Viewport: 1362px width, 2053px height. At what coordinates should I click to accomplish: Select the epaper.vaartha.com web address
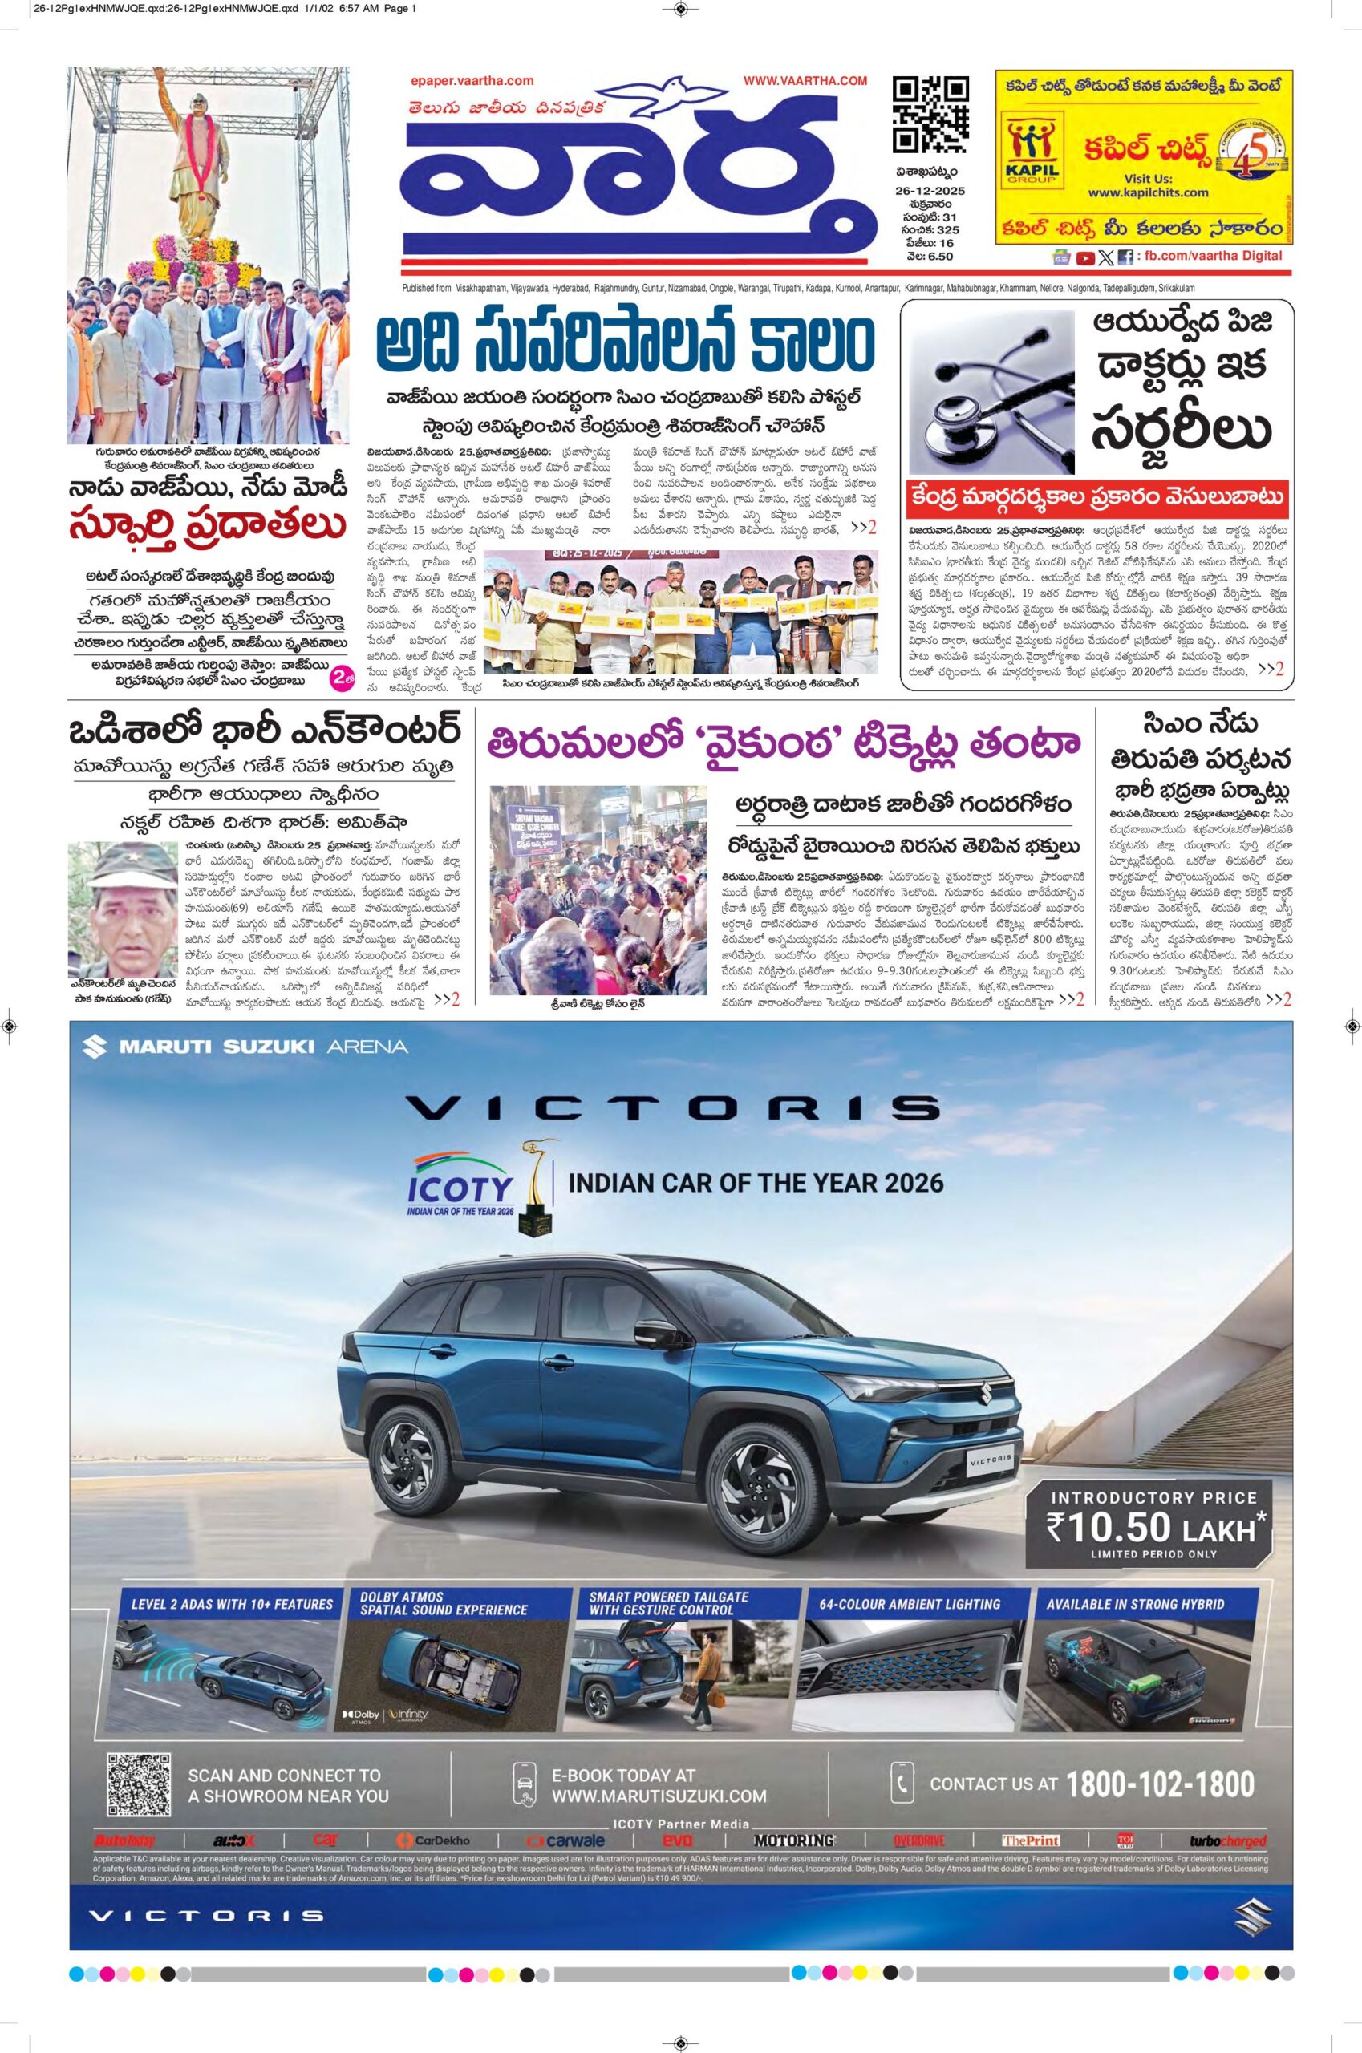tap(472, 81)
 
